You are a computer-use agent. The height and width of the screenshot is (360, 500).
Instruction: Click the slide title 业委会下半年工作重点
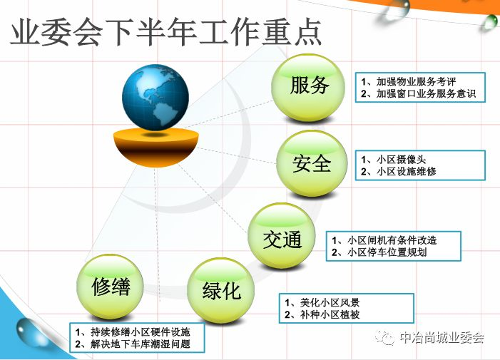(x=165, y=33)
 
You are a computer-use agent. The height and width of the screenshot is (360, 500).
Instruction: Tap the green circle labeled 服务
(x=308, y=87)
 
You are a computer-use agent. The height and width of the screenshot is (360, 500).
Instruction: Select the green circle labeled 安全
(x=312, y=163)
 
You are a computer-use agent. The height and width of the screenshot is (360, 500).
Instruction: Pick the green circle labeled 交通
(x=282, y=236)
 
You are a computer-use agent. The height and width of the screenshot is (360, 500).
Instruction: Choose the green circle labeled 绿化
(x=220, y=290)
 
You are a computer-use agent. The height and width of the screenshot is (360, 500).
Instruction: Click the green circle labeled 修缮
(x=110, y=287)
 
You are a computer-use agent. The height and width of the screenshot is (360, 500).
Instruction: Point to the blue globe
(x=155, y=97)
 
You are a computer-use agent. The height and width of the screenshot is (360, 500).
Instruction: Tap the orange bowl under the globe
(x=156, y=147)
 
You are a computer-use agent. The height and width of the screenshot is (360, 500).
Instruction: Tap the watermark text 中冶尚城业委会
(x=442, y=338)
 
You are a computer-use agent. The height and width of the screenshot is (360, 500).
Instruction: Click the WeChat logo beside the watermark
(x=385, y=338)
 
